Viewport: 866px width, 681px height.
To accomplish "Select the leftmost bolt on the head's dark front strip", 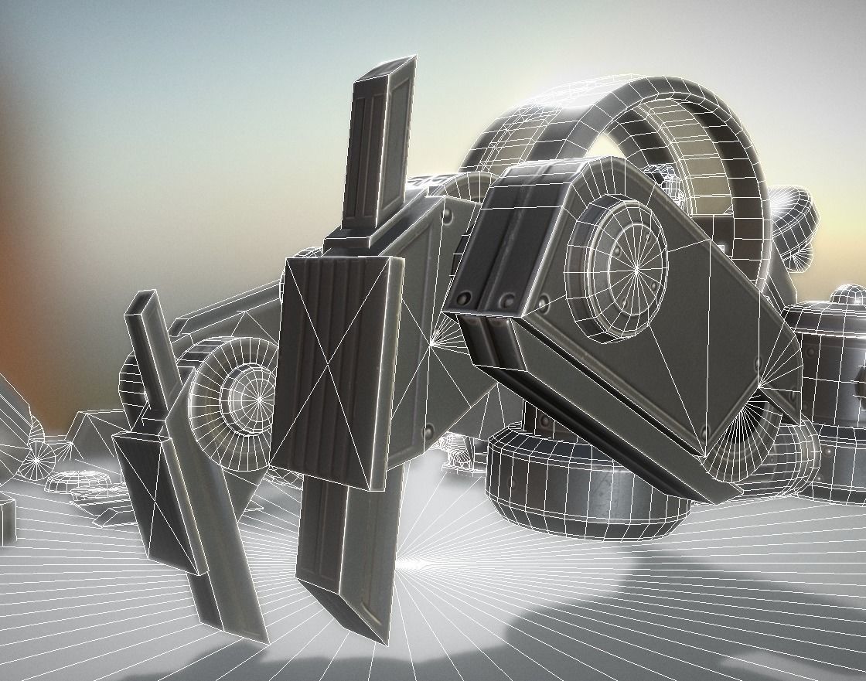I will click(465, 298).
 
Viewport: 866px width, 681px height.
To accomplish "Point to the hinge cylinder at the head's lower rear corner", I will click(742, 433).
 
